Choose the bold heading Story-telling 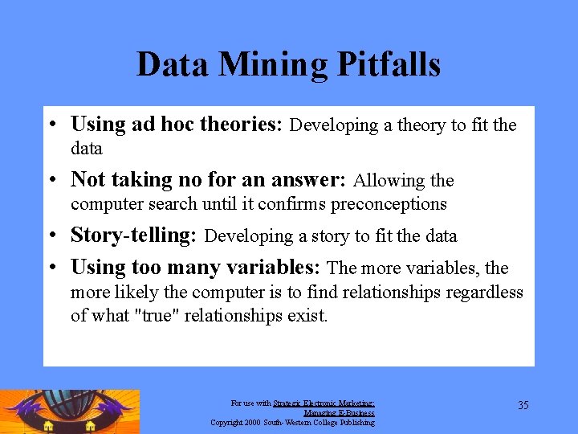tap(134, 235)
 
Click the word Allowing tap(383, 180)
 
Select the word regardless tap(479, 293)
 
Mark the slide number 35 tap(523, 405)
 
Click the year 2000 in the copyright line tap(251, 422)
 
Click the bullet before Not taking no tap(51, 181)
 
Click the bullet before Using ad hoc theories tap(51, 125)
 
